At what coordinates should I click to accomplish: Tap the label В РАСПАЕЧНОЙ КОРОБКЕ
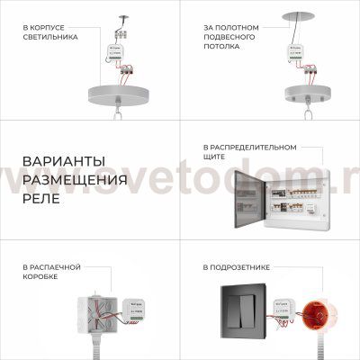pyautogui.click(x=50, y=272)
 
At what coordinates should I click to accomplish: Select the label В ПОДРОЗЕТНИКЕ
pyautogui.click(x=237, y=267)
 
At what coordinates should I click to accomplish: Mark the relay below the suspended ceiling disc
pyautogui.click(x=295, y=52)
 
